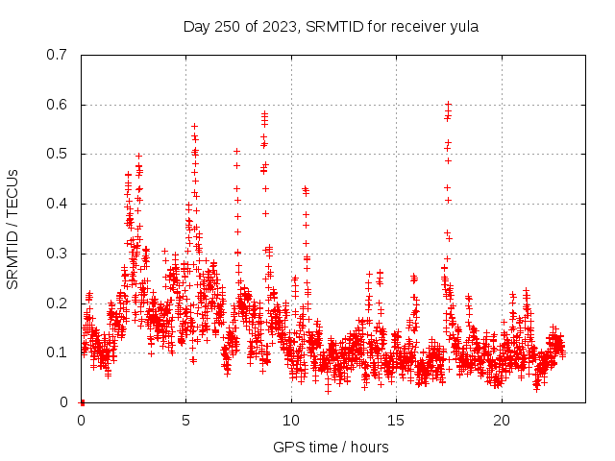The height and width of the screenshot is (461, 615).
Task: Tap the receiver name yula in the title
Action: coord(462,27)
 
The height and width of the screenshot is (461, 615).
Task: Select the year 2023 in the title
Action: coord(280,27)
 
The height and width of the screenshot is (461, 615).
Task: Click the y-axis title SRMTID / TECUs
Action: coord(13,229)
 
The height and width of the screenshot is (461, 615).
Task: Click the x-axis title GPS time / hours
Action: coord(331,447)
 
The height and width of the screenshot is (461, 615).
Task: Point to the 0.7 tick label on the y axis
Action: coord(58,55)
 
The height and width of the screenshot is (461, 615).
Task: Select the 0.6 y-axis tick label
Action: coord(58,105)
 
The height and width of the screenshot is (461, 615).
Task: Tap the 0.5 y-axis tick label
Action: coord(58,154)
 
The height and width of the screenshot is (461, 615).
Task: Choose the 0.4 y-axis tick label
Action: coord(58,204)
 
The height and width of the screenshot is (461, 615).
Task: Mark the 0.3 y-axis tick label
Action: coord(58,254)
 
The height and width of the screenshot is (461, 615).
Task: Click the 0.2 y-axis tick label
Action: coord(58,303)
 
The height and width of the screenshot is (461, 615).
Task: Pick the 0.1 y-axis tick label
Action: coord(58,352)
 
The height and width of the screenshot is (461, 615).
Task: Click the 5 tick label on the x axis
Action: coord(186,421)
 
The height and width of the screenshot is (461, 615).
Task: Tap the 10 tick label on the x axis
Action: coord(291,421)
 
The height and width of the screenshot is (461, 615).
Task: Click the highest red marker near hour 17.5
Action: coord(448,104)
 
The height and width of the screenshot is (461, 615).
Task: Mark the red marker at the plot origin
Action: coord(82,402)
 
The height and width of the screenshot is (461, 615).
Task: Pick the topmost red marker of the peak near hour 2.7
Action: coord(138,156)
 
